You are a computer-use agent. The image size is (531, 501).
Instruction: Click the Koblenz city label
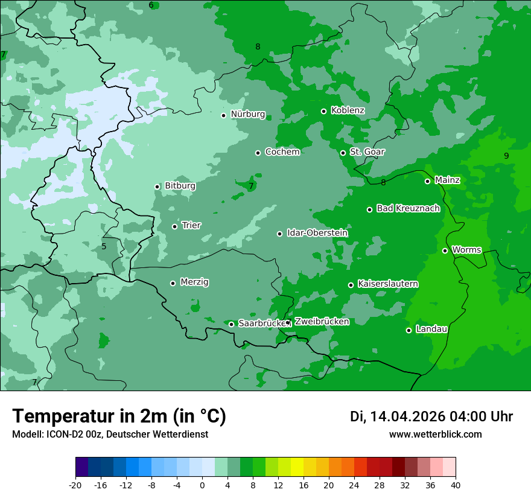click(x=348, y=110)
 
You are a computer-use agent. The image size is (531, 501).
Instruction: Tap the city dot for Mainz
click(x=427, y=181)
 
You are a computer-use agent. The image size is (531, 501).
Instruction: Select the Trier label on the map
click(x=191, y=226)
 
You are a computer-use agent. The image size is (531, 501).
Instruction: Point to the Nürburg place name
click(x=247, y=114)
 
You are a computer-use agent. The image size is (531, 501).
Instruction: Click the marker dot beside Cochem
click(x=258, y=153)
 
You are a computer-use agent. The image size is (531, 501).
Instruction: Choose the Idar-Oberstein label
click(x=317, y=233)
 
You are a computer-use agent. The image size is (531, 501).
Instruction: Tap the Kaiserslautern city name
click(x=388, y=284)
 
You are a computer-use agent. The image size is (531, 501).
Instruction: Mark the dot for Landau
click(x=409, y=330)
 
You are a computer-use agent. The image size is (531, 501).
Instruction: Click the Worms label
click(x=466, y=250)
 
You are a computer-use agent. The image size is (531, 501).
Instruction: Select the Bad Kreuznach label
click(x=408, y=208)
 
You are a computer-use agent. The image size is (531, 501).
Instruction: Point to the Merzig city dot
click(x=173, y=283)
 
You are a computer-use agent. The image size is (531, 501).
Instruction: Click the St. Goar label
click(x=367, y=152)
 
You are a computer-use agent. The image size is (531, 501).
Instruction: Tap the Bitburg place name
click(x=180, y=186)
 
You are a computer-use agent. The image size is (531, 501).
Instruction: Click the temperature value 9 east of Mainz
click(x=506, y=156)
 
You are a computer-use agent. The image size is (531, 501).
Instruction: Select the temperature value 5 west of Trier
click(x=104, y=246)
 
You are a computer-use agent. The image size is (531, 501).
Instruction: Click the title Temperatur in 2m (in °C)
click(x=119, y=416)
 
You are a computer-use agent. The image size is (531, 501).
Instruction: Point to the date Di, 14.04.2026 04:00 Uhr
click(x=431, y=416)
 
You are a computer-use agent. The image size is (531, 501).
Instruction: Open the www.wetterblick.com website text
click(x=435, y=435)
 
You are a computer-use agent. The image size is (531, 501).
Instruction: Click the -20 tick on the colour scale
click(x=75, y=485)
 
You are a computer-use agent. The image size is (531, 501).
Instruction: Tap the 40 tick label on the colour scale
click(x=456, y=485)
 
